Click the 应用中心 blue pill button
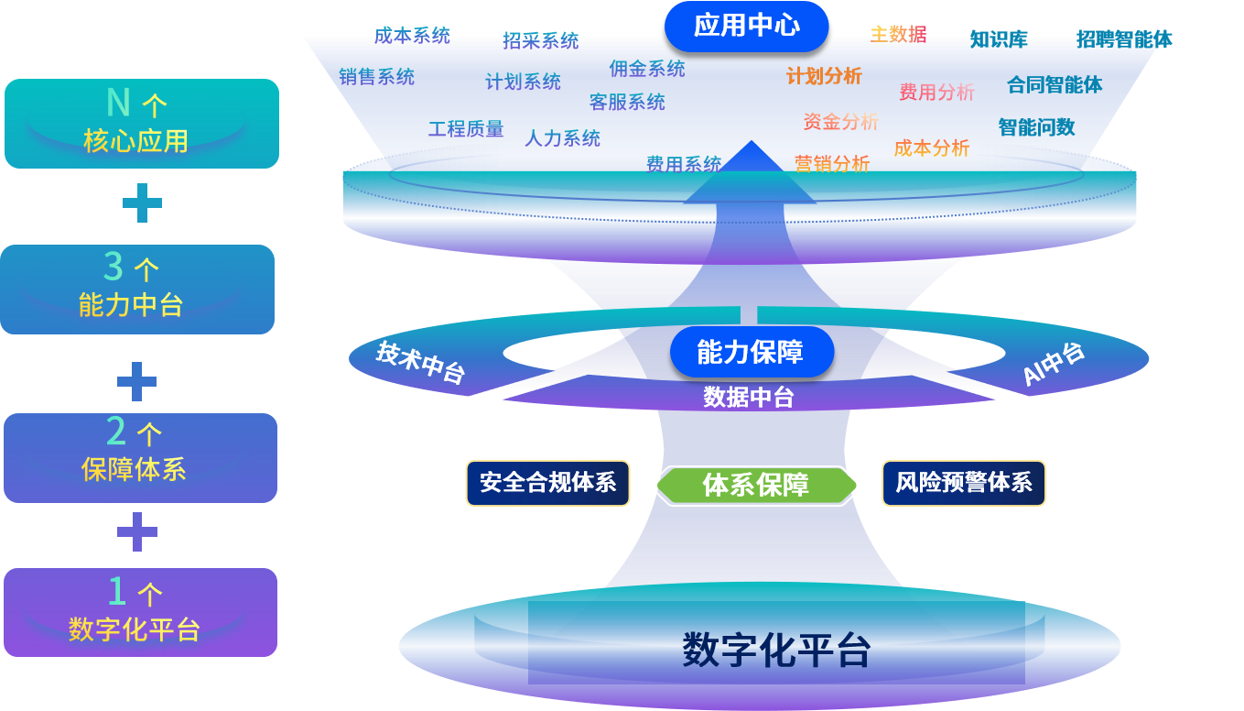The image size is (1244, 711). pos(746,26)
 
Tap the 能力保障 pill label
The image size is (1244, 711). pos(751,353)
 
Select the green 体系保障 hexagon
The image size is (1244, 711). pos(756,484)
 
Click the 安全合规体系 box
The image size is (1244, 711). pos(547,483)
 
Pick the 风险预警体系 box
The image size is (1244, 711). pos(964,483)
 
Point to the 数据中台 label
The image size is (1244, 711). pos(748,397)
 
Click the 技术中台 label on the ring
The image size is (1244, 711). pos(421,362)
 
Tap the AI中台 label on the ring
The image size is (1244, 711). pos(1053,364)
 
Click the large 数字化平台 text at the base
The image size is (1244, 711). pos(775,651)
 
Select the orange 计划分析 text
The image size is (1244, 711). pos(824,76)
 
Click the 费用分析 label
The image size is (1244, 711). pos(936,92)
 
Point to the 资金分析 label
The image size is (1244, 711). pos(840,121)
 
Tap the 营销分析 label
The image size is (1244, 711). pos(831,164)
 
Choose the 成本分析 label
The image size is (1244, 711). pos(931,148)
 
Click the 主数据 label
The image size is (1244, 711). pos(898,35)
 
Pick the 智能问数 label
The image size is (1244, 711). pos(1036,127)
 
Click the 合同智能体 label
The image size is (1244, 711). pos(1055,85)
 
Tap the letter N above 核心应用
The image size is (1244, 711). pos(118,102)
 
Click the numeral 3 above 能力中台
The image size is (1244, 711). pos(114,267)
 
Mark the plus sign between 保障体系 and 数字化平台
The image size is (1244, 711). pos(137,531)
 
